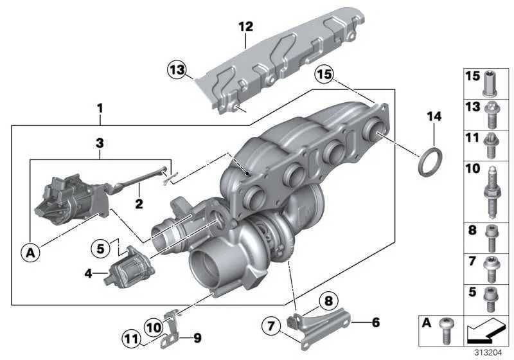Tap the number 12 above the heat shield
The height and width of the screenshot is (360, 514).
pyautogui.click(x=245, y=26)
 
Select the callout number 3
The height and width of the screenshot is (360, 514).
pyautogui.click(x=99, y=141)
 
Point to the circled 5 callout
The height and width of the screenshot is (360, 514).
pyautogui.click(x=100, y=247)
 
